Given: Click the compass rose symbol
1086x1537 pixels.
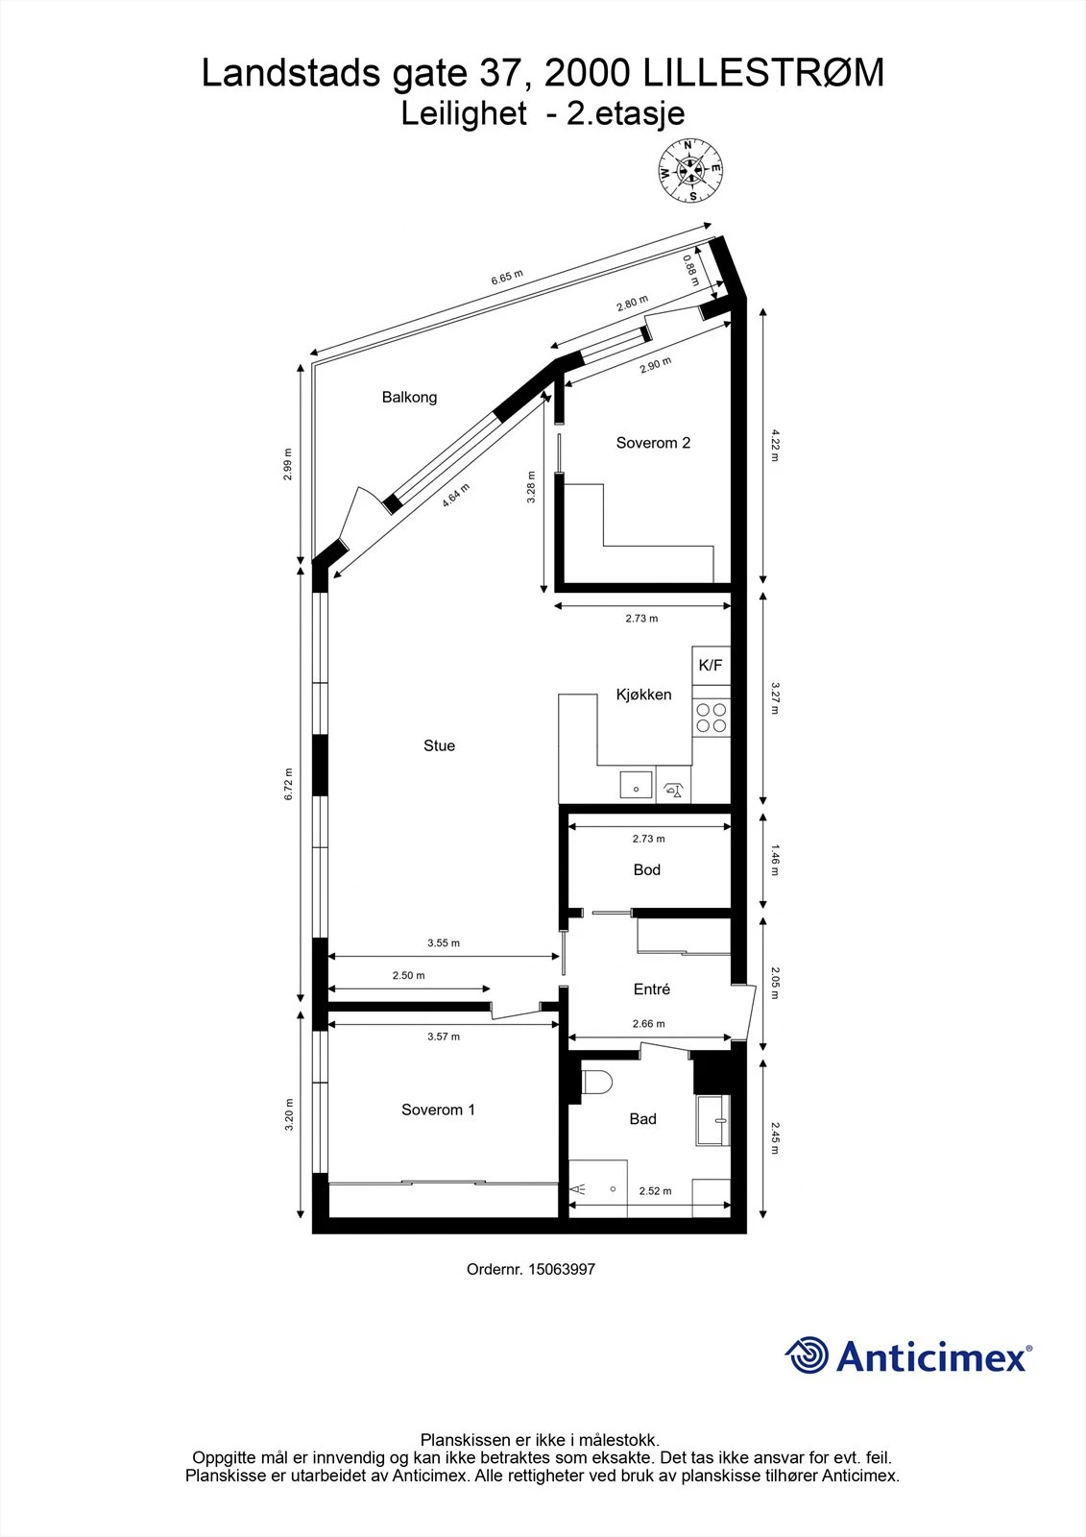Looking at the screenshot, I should (689, 171).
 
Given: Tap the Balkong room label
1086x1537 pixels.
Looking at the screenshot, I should (409, 397).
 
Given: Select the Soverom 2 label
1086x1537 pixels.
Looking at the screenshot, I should (653, 443).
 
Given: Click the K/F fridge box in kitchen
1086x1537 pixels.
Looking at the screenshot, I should (711, 665).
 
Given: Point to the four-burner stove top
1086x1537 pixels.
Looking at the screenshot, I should (712, 718).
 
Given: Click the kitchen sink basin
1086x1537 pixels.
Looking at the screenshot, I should (635, 785).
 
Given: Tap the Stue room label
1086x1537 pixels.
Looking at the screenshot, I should (439, 745).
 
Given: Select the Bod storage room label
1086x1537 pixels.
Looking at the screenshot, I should (646, 869).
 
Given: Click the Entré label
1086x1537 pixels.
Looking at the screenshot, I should (651, 988).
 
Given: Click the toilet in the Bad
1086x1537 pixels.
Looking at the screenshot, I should (597, 1082).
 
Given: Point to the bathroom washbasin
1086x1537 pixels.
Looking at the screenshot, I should (713, 1120).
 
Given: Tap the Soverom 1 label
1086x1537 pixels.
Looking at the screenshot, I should (438, 1110).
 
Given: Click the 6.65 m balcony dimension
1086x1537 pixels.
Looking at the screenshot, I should (507, 279).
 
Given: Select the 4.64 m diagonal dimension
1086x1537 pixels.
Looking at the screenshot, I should (456, 494).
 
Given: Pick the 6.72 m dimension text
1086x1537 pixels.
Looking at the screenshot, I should (289, 784).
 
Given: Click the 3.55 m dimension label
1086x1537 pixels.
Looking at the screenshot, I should (444, 942).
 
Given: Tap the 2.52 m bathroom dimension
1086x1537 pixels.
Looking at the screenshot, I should (655, 1190).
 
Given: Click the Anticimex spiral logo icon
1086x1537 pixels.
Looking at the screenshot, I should (807, 1355).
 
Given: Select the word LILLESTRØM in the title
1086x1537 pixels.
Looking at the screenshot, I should (762, 74).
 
